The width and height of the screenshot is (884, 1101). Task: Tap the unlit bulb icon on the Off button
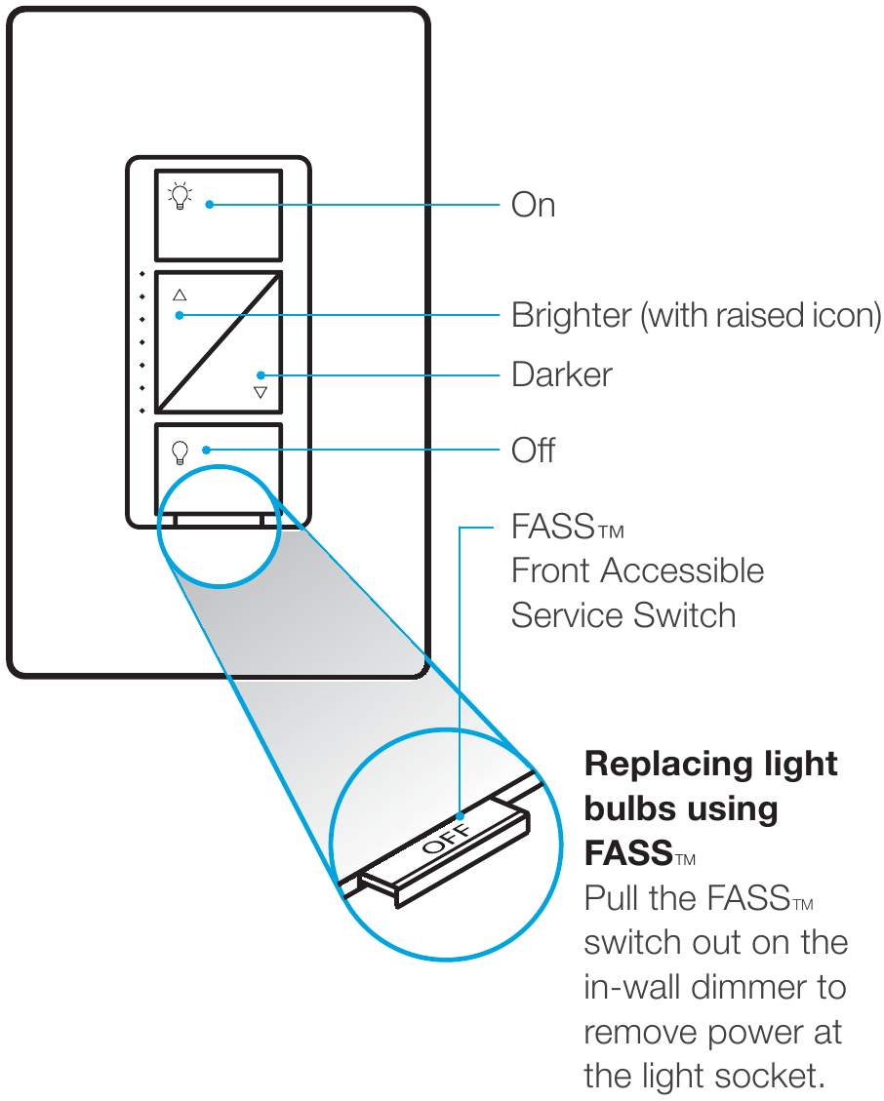180,452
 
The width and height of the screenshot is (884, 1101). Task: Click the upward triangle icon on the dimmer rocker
180,295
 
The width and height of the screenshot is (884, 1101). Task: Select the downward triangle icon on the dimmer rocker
261,392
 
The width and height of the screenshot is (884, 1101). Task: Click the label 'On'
533,206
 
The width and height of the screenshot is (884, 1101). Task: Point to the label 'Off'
533,451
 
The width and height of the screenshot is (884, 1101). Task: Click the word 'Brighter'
571,316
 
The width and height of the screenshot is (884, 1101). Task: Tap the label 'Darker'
562,375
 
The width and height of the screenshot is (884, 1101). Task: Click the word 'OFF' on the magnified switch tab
448,838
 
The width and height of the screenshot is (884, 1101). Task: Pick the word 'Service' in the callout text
566,616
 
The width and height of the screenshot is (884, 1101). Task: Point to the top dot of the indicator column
142,274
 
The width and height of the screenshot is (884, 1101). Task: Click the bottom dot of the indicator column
142,411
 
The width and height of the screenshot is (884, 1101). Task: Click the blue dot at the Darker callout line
261,375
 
